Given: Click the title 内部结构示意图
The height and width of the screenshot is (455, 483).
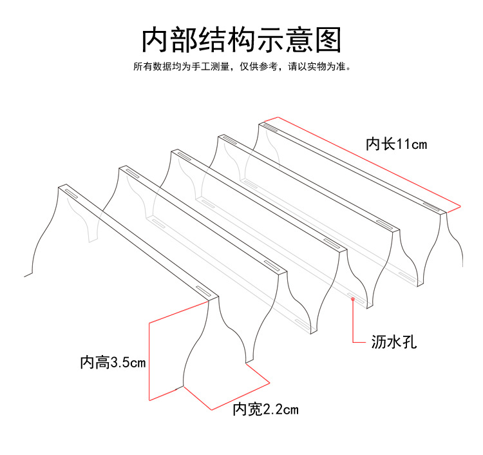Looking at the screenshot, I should (241, 39).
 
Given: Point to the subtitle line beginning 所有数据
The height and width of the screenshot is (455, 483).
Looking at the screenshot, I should (241, 66).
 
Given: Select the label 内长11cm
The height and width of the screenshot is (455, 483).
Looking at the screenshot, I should (396, 144).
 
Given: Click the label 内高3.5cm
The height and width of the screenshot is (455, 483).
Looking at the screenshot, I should (113, 362).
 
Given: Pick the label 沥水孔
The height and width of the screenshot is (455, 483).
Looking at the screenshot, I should (394, 342).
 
